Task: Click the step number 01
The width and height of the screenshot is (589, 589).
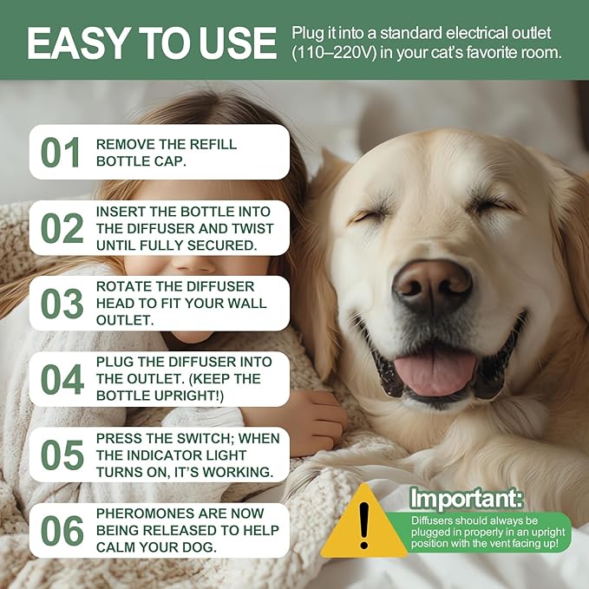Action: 62,153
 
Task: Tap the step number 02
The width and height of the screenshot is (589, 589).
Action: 62,228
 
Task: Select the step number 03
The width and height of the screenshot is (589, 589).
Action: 62,304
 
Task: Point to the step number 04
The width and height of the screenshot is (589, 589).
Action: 62,379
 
